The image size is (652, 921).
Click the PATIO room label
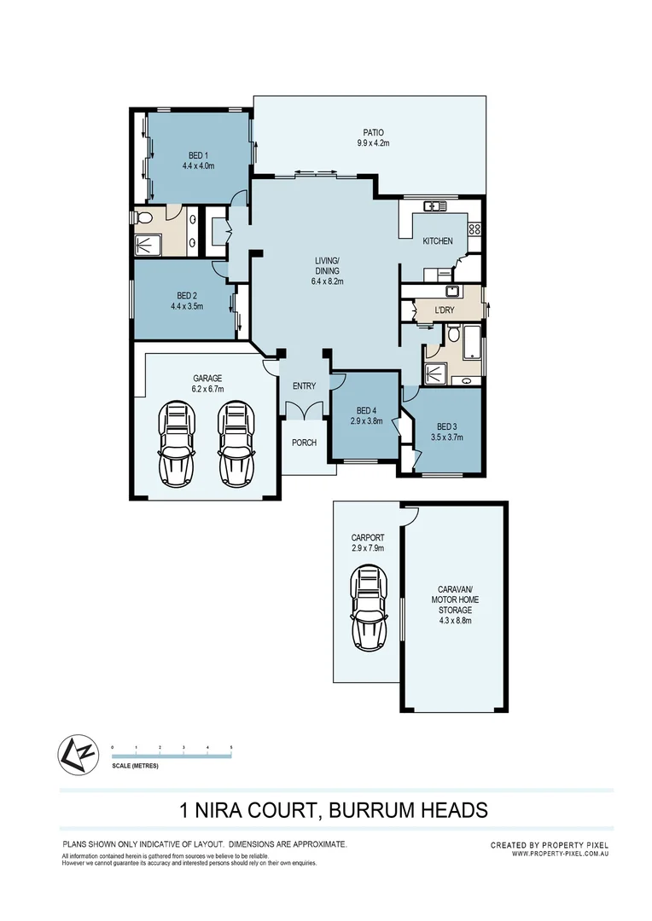coord(372,132)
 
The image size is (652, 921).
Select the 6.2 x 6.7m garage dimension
coord(207,389)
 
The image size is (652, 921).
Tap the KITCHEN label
coord(438,241)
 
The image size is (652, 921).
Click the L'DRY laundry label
coord(444,310)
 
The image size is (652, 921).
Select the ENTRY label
coord(304,386)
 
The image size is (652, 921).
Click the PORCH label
coord(304,443)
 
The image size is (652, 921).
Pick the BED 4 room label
coord(364,410)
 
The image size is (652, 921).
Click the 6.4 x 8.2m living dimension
coord(327,281)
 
